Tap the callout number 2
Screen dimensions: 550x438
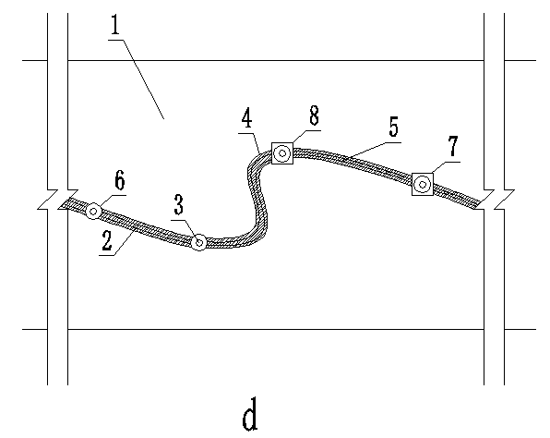pos(107,240)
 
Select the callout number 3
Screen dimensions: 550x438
pos(179,205)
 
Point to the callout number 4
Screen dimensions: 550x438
pos(247,118)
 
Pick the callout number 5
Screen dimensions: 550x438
pos(394,127)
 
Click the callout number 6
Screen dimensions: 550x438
pos(120,180)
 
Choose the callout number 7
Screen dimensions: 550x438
pos(453,147)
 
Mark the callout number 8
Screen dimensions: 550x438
pos(314,116)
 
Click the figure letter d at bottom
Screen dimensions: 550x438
pos(250,414)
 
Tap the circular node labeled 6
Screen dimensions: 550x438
pos(93,212)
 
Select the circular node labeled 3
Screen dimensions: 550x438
pos(199,242)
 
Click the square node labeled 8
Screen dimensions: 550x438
pos(282,153)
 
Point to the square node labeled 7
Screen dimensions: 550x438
pos(423,184)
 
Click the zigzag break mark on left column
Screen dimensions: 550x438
pos(58,200)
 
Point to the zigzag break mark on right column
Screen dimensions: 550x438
pos(495,200)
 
